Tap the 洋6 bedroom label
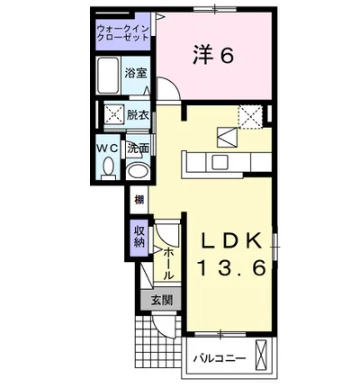(213, 55)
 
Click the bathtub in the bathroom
(108, 78)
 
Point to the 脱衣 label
(137, 115)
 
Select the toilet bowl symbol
(108, 167)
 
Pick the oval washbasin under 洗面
(137, 169)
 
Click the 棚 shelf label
(139, 200)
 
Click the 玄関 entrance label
(161, 300)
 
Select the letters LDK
(230, 241)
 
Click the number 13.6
(230, 267)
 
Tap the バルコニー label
(220, 357)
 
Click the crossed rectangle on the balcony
(262, 356)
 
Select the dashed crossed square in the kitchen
(250, 115)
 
